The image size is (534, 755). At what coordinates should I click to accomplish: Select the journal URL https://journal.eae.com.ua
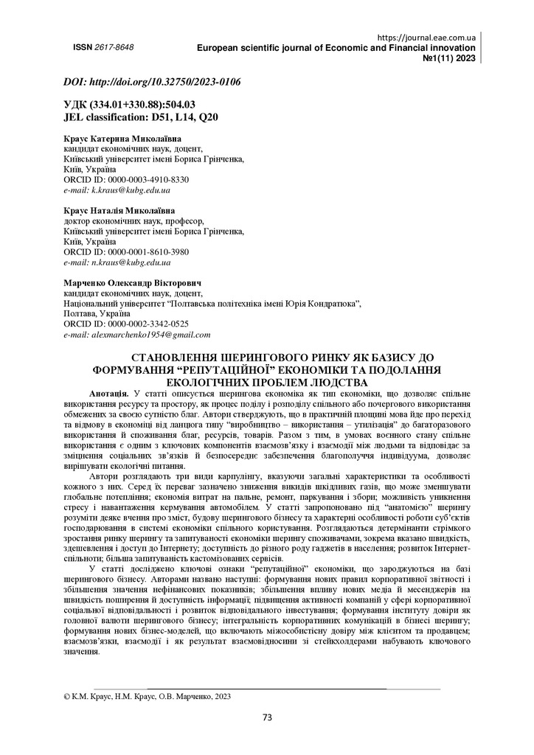coord(426,37)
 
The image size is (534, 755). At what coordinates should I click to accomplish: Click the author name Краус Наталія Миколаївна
coord(120,210)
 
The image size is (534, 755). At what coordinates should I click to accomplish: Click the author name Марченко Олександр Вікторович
coord(133,283)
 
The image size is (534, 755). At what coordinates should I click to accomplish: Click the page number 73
coord(268,716)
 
